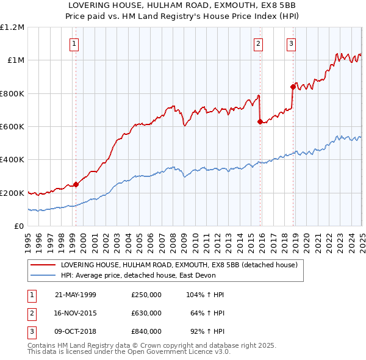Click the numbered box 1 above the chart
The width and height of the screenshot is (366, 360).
pos(74,43)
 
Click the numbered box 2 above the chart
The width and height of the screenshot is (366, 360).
pos(259,43)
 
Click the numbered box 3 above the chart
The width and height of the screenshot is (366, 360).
pos(292,43)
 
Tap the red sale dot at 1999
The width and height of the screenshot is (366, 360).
pos(76,184)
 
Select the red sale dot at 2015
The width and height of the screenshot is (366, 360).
pos(260,121)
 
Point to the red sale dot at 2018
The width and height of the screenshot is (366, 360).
pos(293,87)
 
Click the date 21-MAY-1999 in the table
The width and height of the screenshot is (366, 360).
pos(76,295)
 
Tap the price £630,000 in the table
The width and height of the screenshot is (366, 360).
pos(146,313)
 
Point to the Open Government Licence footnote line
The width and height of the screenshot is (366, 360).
pos(129,353)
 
